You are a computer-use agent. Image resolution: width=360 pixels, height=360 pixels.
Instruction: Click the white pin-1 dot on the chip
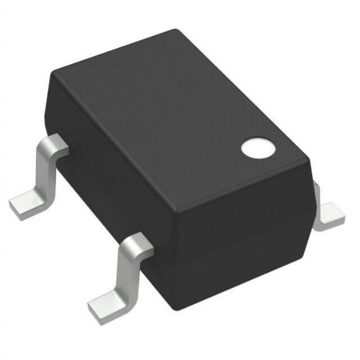click(x=256, y=149)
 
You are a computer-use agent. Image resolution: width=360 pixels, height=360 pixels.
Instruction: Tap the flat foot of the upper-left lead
click(x=26, y=200)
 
